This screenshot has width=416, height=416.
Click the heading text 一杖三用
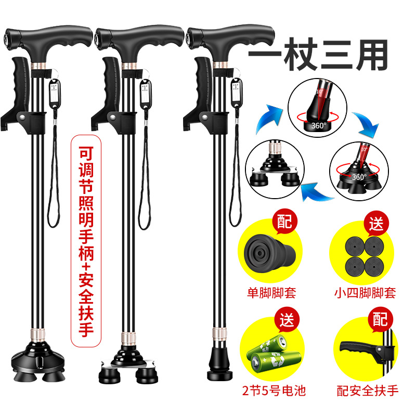(x=318, y=55)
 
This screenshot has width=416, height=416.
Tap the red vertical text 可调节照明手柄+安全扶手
(x=86, y=241)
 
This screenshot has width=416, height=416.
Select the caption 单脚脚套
(x=271, y=293)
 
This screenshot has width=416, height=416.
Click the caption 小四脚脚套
(x=365, y=293)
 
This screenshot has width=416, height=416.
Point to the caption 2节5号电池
(x=274, y=391)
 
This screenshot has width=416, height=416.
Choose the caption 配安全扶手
(x=368, y=391)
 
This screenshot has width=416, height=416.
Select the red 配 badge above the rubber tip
(x=284, y=222)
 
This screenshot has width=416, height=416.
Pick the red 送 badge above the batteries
(x=287, y=320)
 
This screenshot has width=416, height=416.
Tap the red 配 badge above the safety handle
(x=380, y=319)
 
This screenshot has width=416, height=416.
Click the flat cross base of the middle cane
(x=128, y=366)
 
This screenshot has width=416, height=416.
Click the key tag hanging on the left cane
(x=55, y=93)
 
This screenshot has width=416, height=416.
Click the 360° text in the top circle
(x=319, y=125)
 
